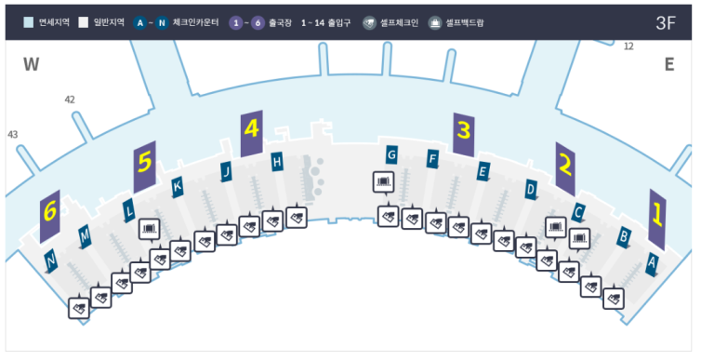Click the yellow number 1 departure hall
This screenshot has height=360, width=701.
pyautogui.click(x=657, y=219)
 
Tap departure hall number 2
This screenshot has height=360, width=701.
pyautogui.click(x=564, y=167)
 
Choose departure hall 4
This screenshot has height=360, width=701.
pyautogui.click(x=251, y=132)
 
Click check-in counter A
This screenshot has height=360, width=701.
pyautogui.click(x=652, y=264)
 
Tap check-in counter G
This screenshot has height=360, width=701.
pyautogui.click(x=392, y=153)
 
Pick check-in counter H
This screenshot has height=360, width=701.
pyautogui.click(x=276, y=162)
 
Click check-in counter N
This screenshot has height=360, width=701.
pyautogui.click(x=51, y=259)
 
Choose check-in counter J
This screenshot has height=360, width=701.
pyautogui.click(x=226, y=171)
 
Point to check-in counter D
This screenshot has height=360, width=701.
pyautogui.click(x=531, y=190)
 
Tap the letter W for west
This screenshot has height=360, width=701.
pyautogui.click(x=33, y=64)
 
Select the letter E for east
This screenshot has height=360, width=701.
pyautogui.click(x=668, y=64)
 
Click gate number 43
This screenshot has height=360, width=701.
pyautogui.click(x=12, y=135)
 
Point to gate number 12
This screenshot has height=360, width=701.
pyautogui.click(x=628, y=46)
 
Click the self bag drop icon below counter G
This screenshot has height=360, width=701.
pyautogui.click(x=383, y=180)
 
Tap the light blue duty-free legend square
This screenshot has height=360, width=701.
pyautogui.click(x=29, y=21)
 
